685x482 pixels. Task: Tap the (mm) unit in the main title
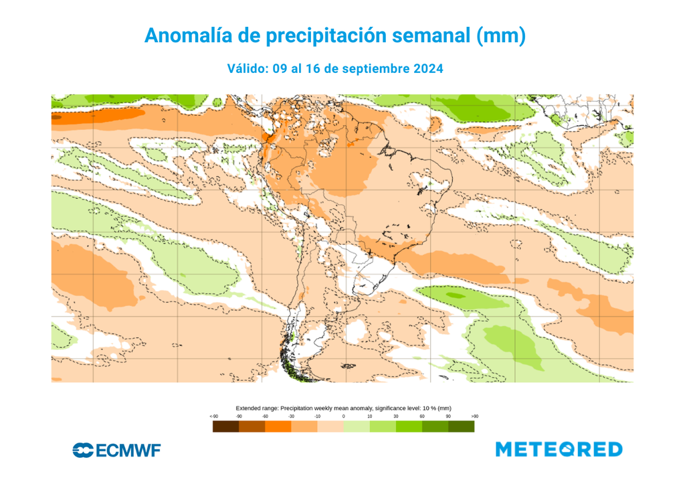(500, 35)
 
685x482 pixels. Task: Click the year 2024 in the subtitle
(428, 69)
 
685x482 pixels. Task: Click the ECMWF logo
(116, 451)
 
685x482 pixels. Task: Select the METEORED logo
(559, 449)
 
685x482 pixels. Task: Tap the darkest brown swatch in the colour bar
(225, 426)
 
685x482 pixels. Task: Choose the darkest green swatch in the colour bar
(461, 426)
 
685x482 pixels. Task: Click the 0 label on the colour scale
(344, 416)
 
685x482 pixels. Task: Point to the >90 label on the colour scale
(474, 416)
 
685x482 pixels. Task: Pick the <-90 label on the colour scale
(213, 416)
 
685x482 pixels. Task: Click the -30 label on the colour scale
(291, 416)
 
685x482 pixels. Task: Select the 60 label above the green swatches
(421, 416)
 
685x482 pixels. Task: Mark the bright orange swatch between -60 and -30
(278, 426)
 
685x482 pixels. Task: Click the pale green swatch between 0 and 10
(357, 426)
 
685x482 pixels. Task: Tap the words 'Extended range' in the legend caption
(257, 408)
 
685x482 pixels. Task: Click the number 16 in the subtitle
(312, 69)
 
